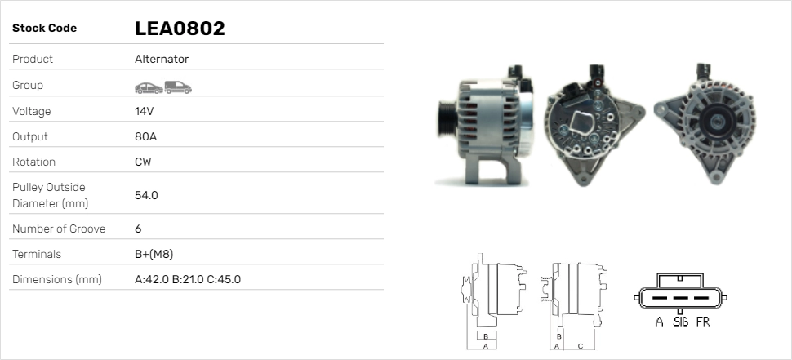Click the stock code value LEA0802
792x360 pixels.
(180, 29)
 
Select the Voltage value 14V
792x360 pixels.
(144, 111)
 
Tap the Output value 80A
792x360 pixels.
(145, 136)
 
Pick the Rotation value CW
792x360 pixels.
(143, 162)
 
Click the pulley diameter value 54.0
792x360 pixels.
(146, 195)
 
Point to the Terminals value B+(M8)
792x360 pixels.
(154, 254)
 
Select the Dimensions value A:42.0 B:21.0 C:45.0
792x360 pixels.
(188, 279)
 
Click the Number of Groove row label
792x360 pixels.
(59, 229)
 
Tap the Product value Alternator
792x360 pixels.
(162, 59)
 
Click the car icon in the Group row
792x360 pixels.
(149, 88)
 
